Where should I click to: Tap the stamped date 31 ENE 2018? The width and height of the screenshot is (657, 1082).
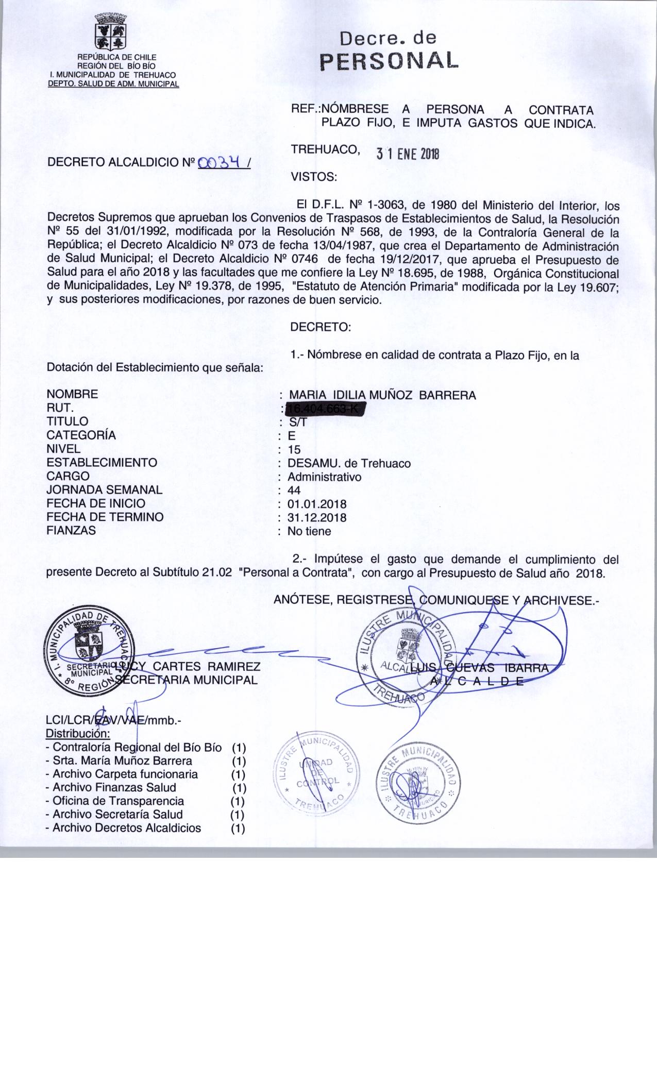407,154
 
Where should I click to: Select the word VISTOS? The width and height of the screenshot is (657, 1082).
314,177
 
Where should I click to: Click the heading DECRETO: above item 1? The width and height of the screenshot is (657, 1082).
321,327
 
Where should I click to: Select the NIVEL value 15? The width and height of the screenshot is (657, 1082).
294,449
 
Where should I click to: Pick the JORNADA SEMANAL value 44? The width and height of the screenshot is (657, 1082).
294,490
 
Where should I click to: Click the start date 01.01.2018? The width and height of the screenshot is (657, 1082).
317,503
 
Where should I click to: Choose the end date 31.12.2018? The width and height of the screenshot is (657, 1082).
317,517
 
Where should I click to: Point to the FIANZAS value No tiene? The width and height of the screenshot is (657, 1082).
309,531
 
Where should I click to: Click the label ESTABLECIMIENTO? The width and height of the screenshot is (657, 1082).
102,463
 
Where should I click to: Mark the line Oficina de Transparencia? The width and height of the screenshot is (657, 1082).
119,801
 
